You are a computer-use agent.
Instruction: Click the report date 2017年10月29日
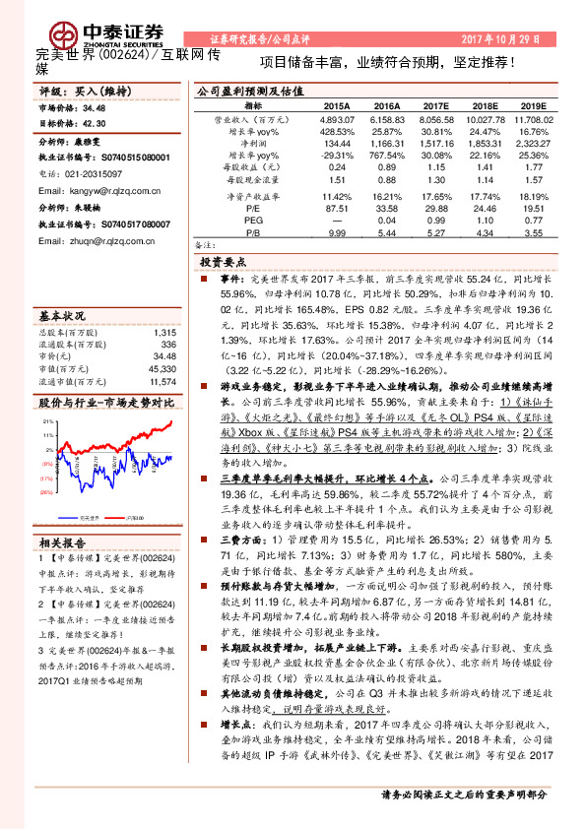(x=502, y=39)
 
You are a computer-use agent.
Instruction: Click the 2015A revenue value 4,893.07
(x=337, y=118)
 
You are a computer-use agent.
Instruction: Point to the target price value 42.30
(x=95, y=122)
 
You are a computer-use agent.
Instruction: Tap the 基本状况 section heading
(x=63, y=317)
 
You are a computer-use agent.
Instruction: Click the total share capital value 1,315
(x=164, y=334)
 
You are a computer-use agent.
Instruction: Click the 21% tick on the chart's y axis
(x=47, y=421)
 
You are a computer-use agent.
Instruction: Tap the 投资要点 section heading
(x=224, y=264)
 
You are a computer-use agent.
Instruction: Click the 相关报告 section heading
(x=63, y=542)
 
